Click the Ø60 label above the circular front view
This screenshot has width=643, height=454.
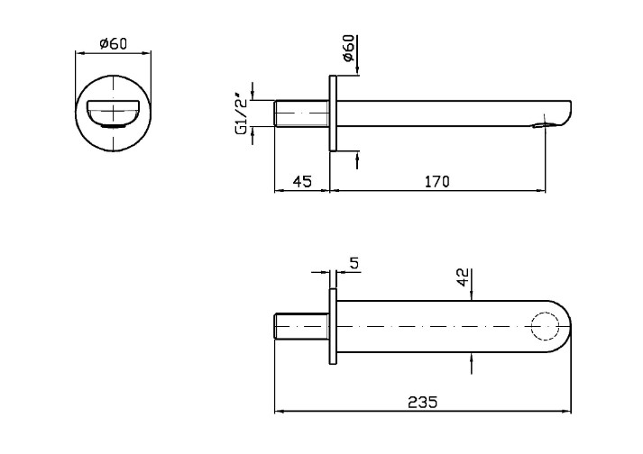pyautogui.click(x=113, y=43)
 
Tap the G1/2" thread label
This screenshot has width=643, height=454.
pyautogui.click(x=241, y=113)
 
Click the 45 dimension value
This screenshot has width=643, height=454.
pyautogui.click(x=301, y=181)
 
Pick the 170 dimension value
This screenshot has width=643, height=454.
pyautogui.click(x=436, y=181)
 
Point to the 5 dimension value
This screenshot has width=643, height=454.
pyautogui.click(x=354, y=263)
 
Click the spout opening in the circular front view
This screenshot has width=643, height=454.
pyautogui.click(x=113, y=114)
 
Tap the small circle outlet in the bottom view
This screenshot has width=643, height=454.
pyautogui.click(x=545, y=325)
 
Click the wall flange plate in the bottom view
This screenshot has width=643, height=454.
pyautogui.click(x=332, y=325)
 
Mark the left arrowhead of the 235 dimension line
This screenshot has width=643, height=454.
pyautogui.click(x=277, y=413)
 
